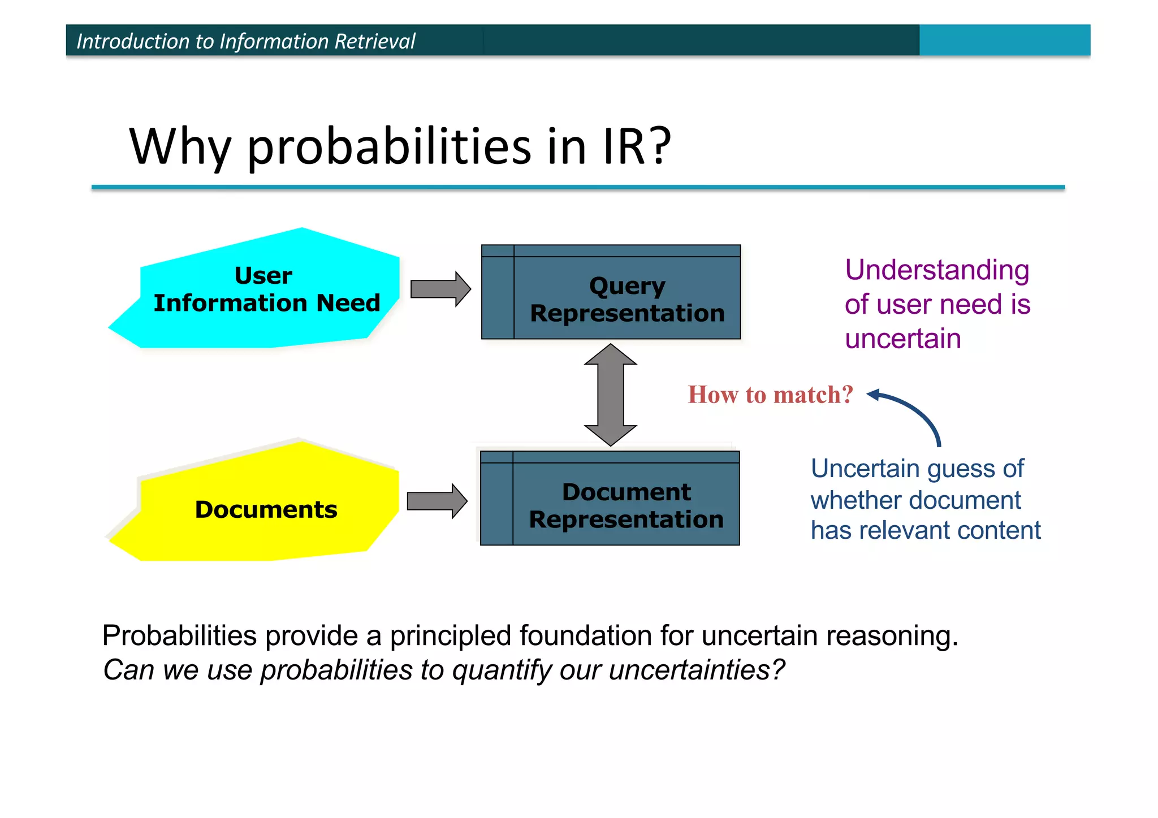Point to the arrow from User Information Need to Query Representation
click(x=440, y=289)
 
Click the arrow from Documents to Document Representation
click(x=437, y=501)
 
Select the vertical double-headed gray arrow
click(x=611, y=395)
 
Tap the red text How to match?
click(x=770, y=395)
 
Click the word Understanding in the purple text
click(x=937, y=270)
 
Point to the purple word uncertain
click(x=903, y=339)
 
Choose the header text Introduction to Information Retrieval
click(x=246, y=41)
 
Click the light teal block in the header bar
click(x=1004, y=40)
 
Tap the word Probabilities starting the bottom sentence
click(x=179, y=635)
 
